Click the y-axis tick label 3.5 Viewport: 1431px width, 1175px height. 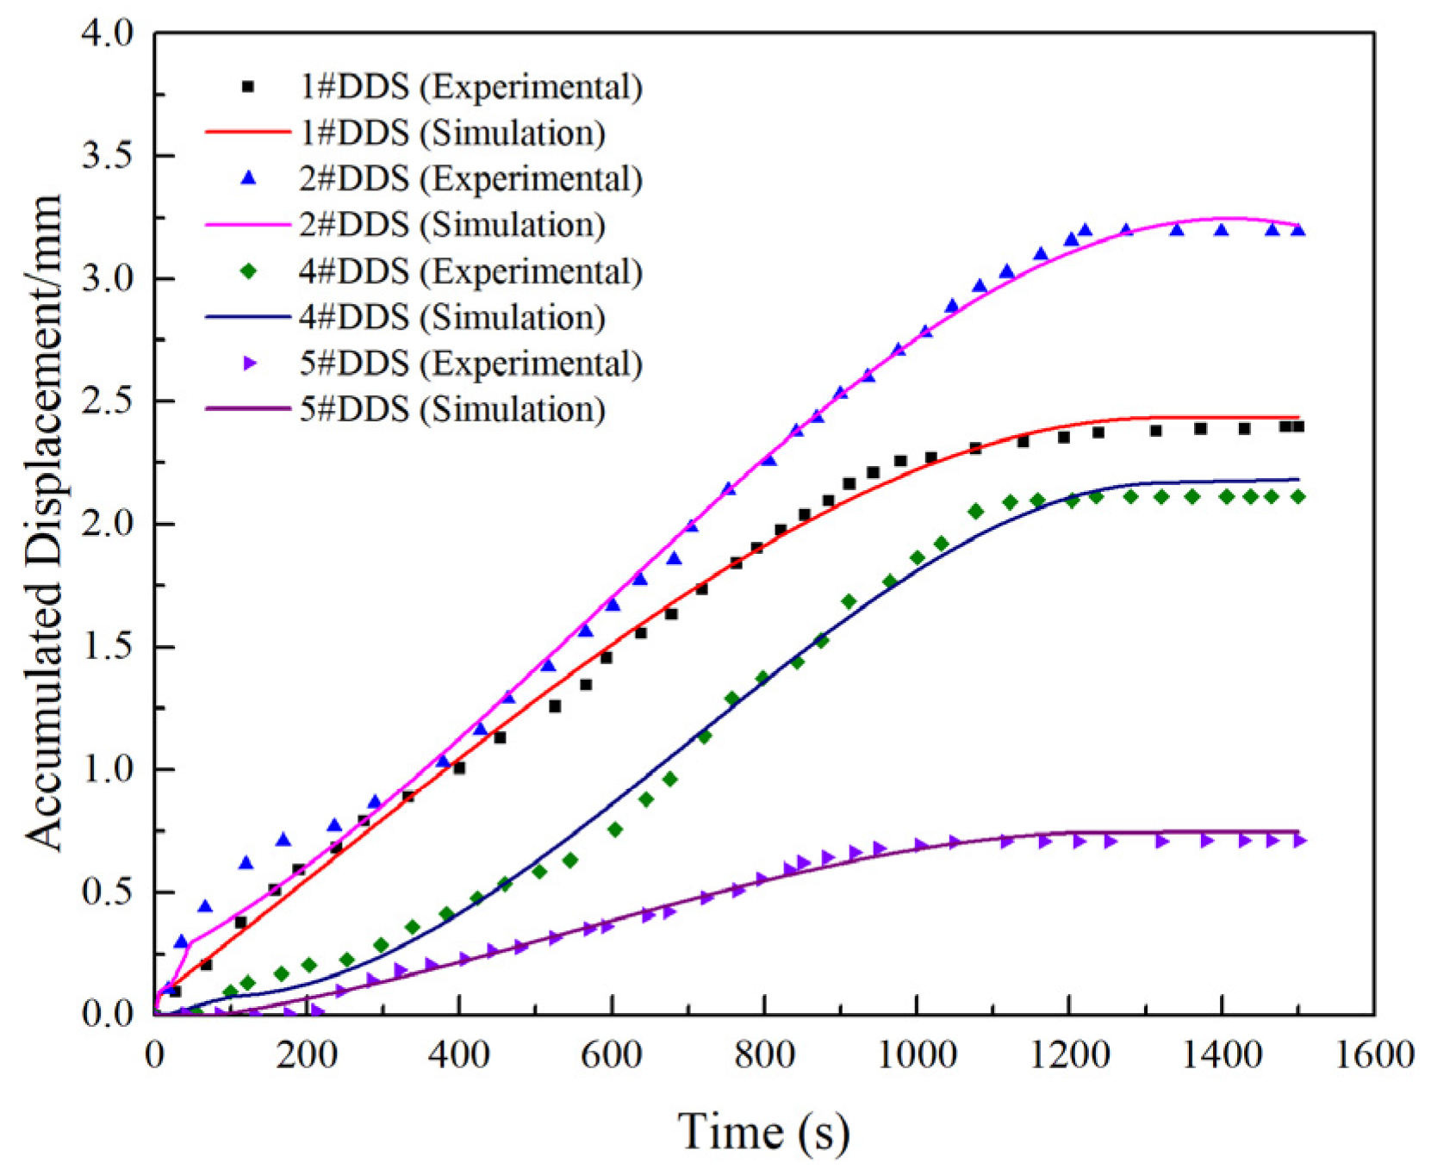point(108,156)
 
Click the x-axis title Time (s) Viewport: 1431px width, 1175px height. point(763,1131)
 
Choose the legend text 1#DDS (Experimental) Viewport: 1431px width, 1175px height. point(470,87)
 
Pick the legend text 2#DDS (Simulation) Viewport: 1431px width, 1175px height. point(451,225)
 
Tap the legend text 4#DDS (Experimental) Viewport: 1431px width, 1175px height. point(470,271)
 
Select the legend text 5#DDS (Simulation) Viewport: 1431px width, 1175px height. point(451,409)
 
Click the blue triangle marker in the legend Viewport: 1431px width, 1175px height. point(248,178)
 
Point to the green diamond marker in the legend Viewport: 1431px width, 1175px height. point(248,271)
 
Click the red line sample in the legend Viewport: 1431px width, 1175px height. point(248,133)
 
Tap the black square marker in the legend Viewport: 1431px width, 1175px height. point(248,87)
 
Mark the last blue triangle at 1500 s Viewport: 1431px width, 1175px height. point(1298,230)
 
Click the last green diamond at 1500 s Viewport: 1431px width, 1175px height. point(1298,497)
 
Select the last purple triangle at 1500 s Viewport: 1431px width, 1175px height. point(1300,840)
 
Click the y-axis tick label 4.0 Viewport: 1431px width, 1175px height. point(108,34)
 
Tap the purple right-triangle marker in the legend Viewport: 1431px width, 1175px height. point(249,364)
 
